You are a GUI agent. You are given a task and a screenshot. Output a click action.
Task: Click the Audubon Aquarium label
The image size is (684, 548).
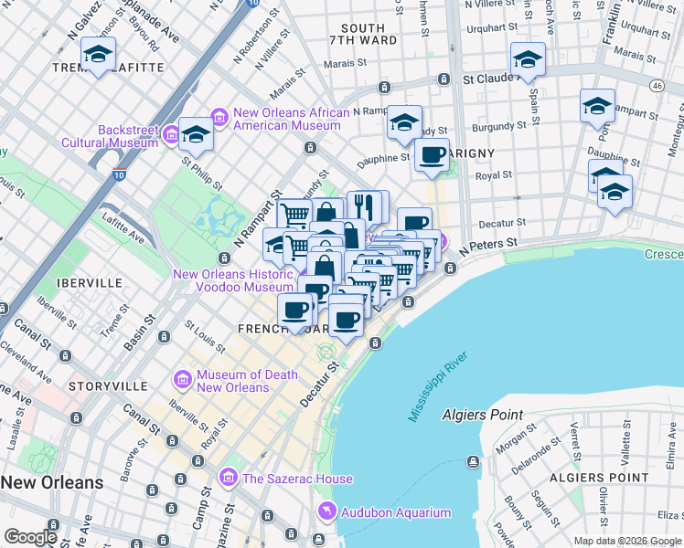coord(395,512)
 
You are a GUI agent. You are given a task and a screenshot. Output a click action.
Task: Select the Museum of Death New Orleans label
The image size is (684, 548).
coord(234,381)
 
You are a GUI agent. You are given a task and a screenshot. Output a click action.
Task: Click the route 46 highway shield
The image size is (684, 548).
coord(657,85)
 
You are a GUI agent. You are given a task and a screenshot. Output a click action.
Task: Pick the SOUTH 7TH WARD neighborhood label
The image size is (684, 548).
coord(369,35)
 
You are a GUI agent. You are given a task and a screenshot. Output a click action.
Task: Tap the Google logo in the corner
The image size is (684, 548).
coord(30,537)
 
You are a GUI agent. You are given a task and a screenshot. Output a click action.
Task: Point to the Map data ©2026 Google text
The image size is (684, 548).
coord(627,541)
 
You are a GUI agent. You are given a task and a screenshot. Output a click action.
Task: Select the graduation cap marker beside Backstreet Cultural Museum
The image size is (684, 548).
coord(195,135)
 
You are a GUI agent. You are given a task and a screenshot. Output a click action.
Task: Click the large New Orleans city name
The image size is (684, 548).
coord(52,482)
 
